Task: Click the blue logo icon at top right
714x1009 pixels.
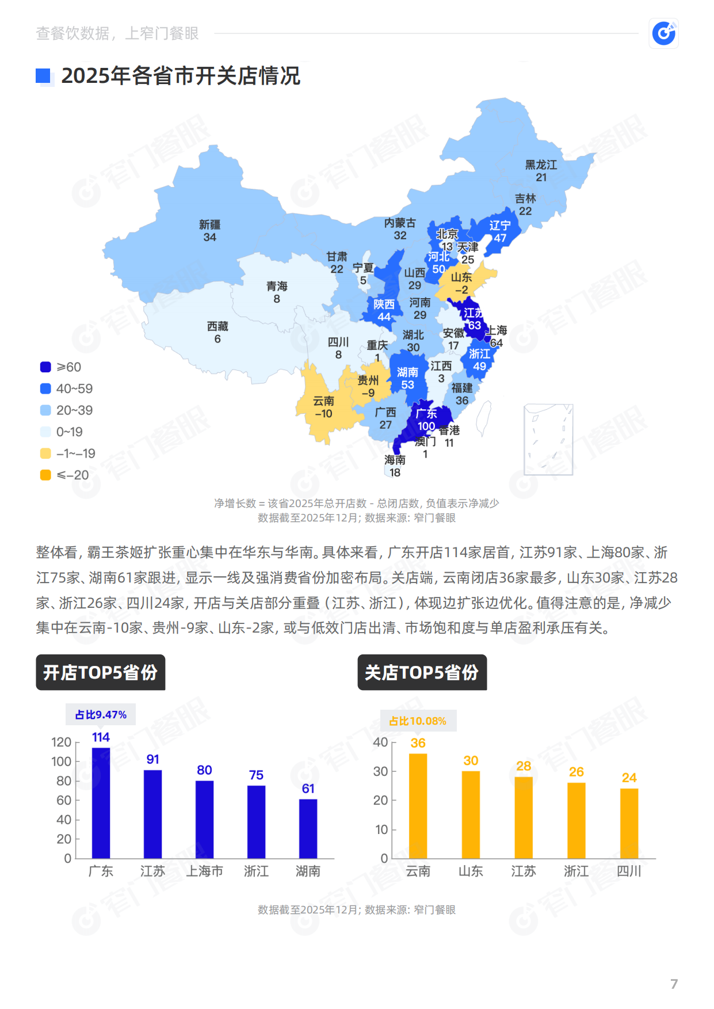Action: (x=664, y=33)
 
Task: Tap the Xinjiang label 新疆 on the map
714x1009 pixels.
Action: (x=210, y=224)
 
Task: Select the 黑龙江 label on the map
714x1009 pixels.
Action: (x=541, y=165)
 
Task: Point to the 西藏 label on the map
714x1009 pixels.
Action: (x=217, y=326)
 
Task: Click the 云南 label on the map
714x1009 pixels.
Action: (x=323, y=401)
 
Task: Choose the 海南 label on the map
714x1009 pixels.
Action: (x=395, y=460)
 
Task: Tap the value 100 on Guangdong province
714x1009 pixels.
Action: (x=426, y=426)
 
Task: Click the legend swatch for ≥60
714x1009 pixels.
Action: (x=45, y=367)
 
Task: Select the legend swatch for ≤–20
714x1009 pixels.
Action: (x=45, y=475)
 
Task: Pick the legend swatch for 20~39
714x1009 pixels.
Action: (x=45, y=410)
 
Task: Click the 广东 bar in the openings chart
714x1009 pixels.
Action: (x=101, y=803)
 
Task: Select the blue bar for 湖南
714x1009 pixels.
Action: (x=308, y=829)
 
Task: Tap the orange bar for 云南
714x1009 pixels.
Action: (x=418, y=806)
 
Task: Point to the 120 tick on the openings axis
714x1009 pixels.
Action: (x=61, y=743)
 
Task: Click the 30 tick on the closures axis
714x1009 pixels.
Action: (x=380, y=771)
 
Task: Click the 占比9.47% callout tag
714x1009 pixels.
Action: (x=101, y=714)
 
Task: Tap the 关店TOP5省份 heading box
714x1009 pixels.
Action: (x=422, y=672)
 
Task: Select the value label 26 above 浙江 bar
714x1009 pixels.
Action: (x=576, y=772)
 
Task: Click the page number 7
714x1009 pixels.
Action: (x=674, y=984)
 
